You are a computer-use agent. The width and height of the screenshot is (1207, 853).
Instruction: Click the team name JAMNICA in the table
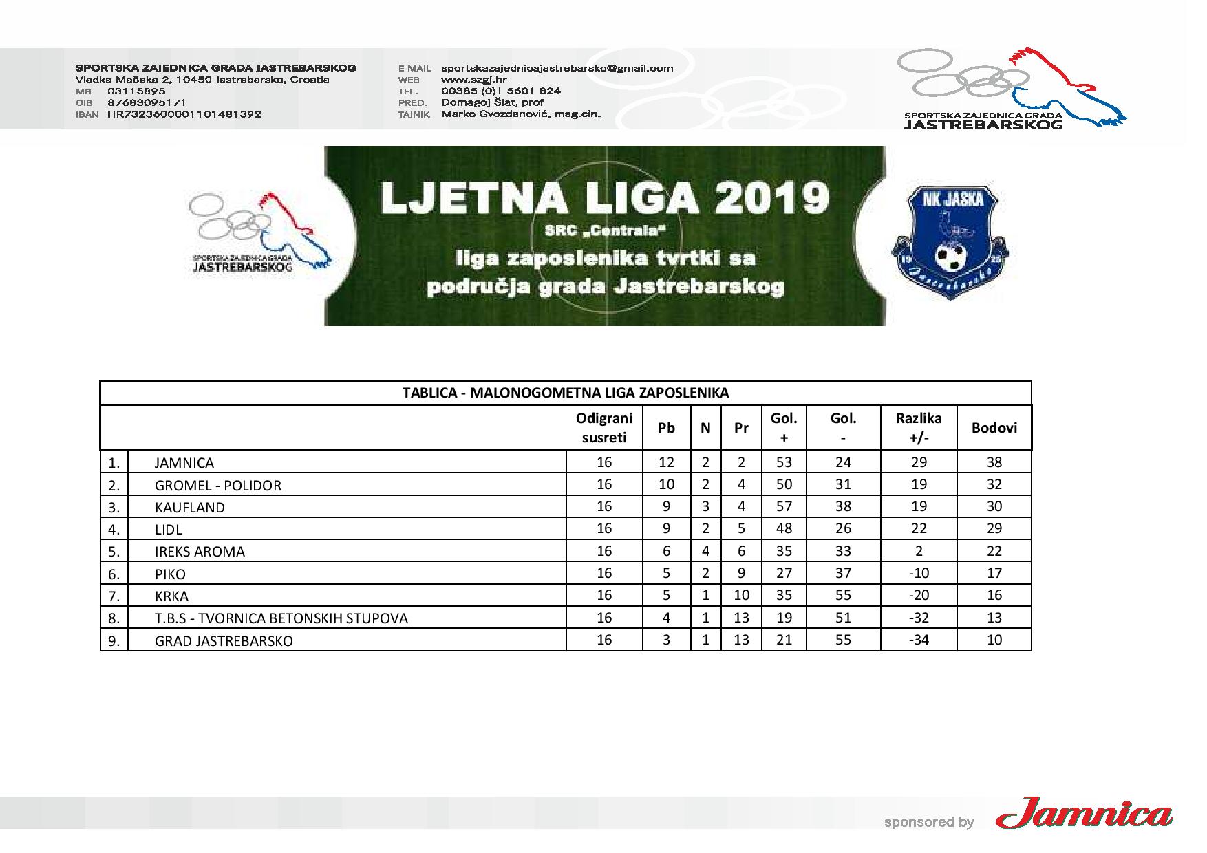(x=184, y=463)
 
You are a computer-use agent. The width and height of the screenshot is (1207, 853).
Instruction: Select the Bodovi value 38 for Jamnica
(x=994, y=462)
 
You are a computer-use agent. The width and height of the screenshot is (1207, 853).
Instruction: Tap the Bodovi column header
(x=994, y=428)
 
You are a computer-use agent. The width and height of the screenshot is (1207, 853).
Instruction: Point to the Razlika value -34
(x=918, y=640)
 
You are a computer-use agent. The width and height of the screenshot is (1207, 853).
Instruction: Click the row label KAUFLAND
(x=189, y=508)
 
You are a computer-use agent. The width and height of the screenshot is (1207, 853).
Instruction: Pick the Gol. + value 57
(x=784, y=507)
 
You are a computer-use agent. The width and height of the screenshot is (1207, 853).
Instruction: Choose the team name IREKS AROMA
(x=200, y=552)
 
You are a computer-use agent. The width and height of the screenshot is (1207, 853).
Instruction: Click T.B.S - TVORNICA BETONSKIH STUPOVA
(x=281, y=618)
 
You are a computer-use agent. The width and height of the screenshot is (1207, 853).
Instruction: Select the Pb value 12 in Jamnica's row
(x=666, y=462)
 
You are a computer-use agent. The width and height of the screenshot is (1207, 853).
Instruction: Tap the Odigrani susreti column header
(x=603, y=428)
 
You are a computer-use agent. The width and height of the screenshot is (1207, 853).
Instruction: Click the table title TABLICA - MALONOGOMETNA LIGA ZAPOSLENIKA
(x=565, y=393)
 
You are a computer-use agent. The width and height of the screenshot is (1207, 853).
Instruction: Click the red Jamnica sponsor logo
(x=1084, y=816)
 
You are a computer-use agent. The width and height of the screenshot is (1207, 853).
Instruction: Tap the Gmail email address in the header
(x=557, y=68)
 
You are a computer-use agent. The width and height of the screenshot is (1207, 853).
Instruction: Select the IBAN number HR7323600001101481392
(x=184, y=114)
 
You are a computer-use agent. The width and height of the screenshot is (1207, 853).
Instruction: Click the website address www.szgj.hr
(x=473, y=79)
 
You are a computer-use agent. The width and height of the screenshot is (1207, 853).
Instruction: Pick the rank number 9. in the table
(x=114, y=641)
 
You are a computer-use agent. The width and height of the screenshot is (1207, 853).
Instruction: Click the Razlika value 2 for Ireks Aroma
(x=918, y=551)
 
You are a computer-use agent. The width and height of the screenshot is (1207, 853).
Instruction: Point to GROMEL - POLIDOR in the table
(x=217, y=486)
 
